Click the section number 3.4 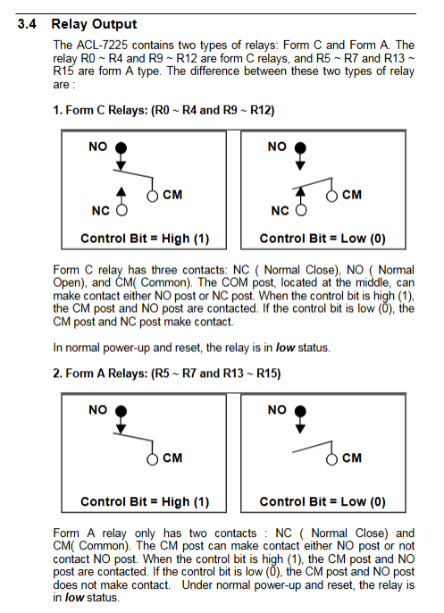click(27, 24)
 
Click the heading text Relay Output click(94, 24)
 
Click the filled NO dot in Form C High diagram click(121, 147)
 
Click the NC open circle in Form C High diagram click(121, 210)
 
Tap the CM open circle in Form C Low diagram click(331, 197)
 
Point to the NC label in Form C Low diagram click(280, 211)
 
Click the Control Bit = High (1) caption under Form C click(145, 239)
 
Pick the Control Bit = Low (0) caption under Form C click(323, 239)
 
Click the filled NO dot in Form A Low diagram click(300, 411)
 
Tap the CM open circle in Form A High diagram click(153, 459)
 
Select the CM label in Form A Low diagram click(352, 458)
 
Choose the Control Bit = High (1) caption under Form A click(145, 501)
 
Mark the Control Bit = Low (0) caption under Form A click(323, 501)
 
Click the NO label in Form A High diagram click(97, 409)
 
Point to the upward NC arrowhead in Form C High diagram click(121, 191)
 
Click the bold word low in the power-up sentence click(285, 348)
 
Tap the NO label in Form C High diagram click(97, 147)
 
